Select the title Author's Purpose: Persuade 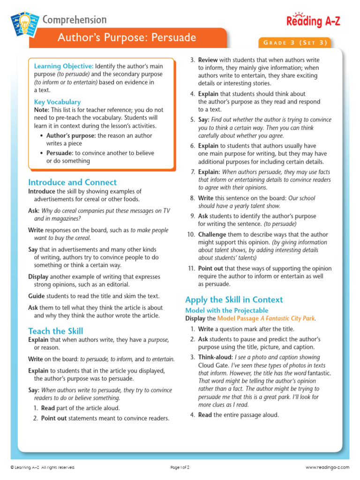[x=127, y=37]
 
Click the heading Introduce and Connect [x=72, y=182]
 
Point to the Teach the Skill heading [x=55, y=331]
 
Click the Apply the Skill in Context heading [x=234, y=300]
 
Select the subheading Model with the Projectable [x=226, y=310]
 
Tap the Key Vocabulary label [x=57, y=102]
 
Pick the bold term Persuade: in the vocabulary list [x=60, y=153]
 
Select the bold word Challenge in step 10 [x=212, y=234]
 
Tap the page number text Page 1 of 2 [x=180, y=467]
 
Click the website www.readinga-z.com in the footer [x=327, y=467]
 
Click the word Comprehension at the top [x=75, y=20]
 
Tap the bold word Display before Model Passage [x=196, y=318]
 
